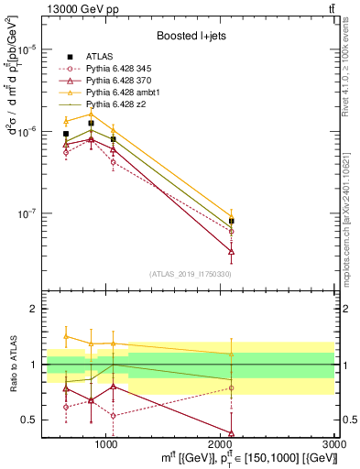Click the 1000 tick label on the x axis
(x=106, y=444)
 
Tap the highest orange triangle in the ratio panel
(x=66, y=336)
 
